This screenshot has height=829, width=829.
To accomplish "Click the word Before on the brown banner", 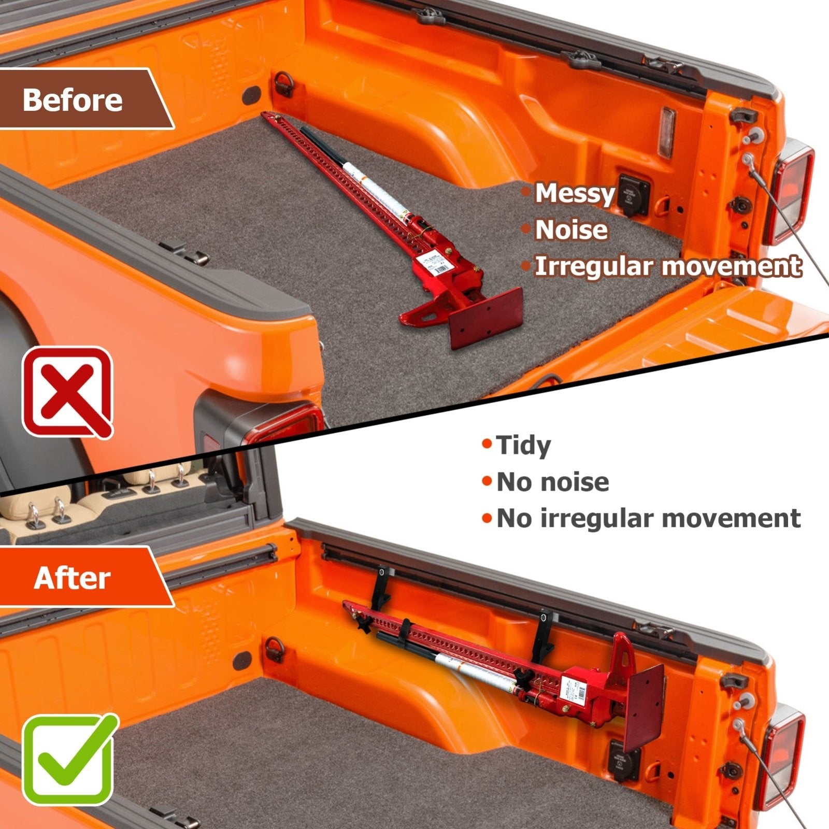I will [73, 99].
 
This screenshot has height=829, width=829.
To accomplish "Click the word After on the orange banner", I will [72, 578].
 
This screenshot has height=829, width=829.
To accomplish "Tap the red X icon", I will [67, 392].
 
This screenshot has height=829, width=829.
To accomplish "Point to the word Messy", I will [575, 193].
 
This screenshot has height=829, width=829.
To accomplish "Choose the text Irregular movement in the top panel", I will [668, 266].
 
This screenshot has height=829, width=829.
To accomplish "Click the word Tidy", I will [523, 445].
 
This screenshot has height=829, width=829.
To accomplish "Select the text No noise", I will [552, 482].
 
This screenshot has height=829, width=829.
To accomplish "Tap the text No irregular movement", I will [648, 519].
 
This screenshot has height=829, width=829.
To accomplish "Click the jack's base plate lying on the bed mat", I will [485, 318].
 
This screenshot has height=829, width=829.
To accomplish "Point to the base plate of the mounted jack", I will [644, 707].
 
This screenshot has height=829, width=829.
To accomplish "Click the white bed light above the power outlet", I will [667, 132].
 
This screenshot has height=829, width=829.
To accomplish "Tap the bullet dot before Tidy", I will [486, 445].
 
